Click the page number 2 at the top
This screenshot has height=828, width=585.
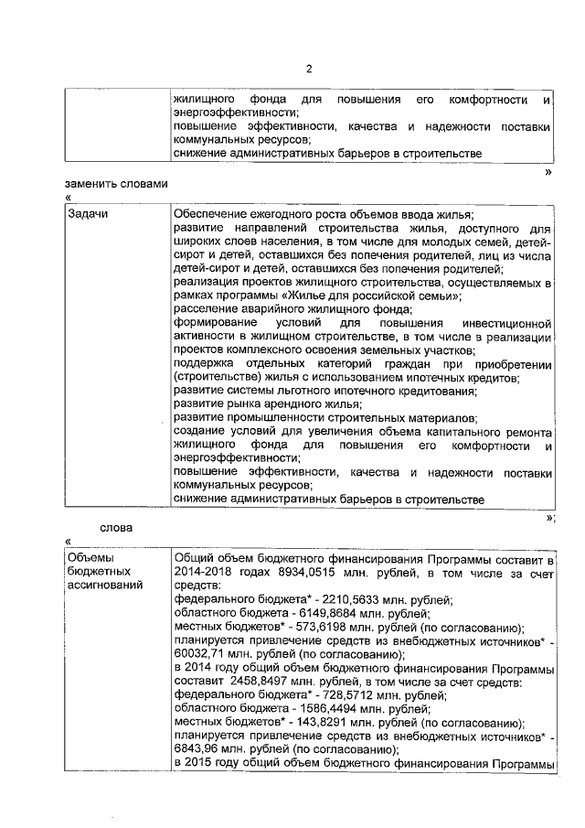tap(309, 69)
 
